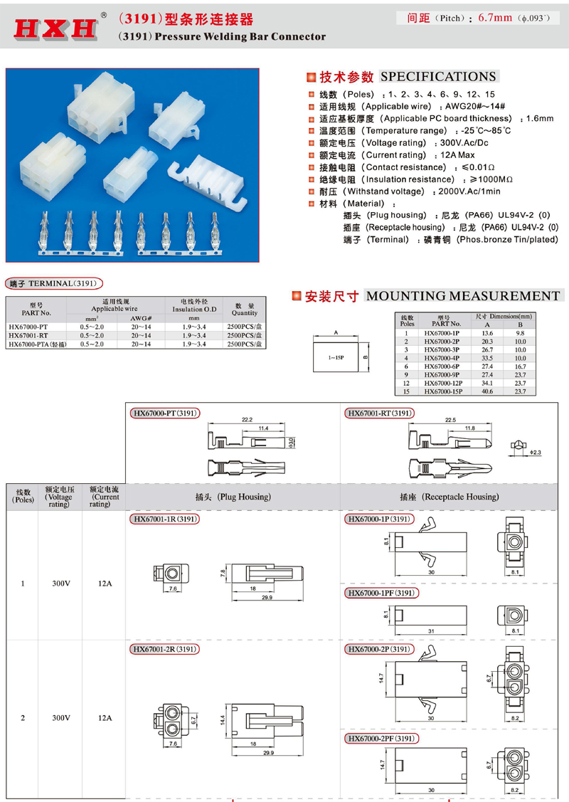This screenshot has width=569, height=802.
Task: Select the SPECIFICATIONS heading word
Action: pyautogui.click(x=438, y=77)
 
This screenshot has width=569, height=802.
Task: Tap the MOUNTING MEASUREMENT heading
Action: pyautogui.click(x=463, y=296)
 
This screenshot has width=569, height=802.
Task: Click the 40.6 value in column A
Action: pyautogui.click(x=487, y=391)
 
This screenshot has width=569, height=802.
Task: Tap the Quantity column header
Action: pyautogui.click(x=245, y=310)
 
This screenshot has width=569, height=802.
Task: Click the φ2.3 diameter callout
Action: pyautogui.click(x=534, y=452)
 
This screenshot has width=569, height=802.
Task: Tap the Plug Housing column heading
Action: pyautogui.click(x=233, y=497)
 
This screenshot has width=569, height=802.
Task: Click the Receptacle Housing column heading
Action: pyautogui.click(x=450, y=497)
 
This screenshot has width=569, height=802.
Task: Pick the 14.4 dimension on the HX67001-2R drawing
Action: pyautogui.click(x=223, y=719)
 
